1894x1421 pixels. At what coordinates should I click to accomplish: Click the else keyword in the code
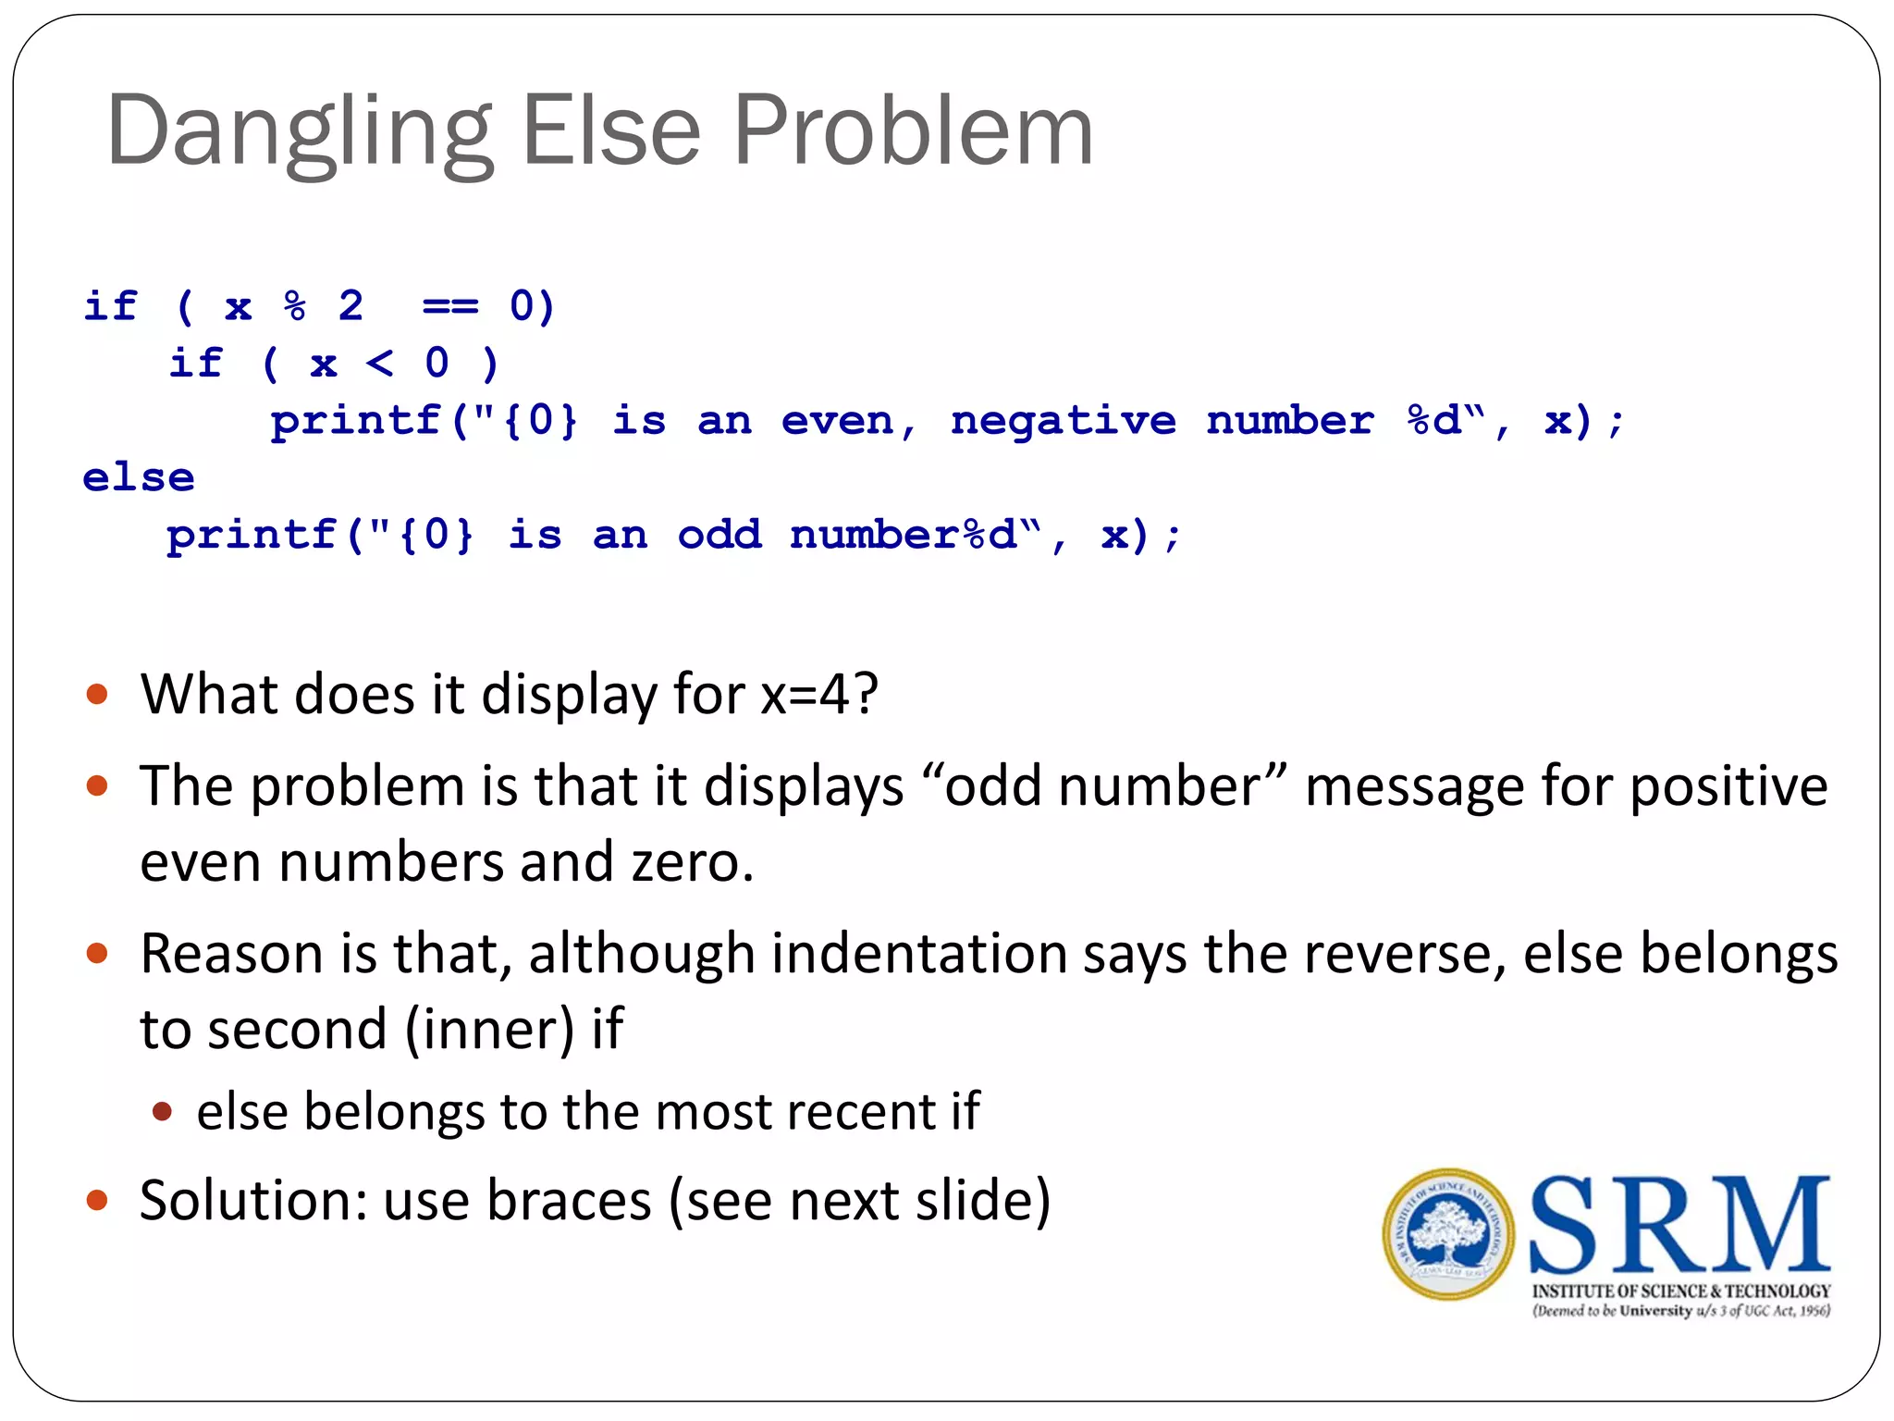click(x=139, y=478)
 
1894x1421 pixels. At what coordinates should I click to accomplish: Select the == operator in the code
click(x=450, y=306)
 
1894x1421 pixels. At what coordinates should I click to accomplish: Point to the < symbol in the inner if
click(x=379, y=364)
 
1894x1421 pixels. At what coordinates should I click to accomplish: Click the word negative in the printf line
click(x=1063, y=422)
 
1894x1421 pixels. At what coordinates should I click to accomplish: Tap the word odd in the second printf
click(x=719, y=536)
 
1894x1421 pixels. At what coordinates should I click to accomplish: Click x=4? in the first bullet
click(x=818, y=694)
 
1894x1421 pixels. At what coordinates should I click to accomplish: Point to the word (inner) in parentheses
click(x=490, y=1030)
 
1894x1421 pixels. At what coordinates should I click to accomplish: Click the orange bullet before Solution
click(x=97, y=1201)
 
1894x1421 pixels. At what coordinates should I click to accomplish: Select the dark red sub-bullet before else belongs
click(x=163, y=1111)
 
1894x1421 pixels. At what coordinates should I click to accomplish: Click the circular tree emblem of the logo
click(x=1448, y=1234)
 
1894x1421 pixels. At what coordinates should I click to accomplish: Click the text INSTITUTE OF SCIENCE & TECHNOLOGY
click(x=1680, y=1291)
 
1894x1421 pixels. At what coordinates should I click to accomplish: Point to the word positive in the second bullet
click(x=1728, y=787)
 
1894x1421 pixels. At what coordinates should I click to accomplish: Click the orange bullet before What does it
click(x=97, y=694)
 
